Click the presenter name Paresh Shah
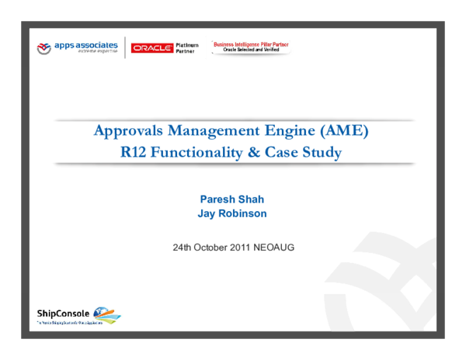(232, 199)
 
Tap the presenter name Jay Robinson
(232, 213)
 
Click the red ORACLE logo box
(152, 48)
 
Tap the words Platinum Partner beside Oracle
(187, 48)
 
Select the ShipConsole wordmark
(63, 313)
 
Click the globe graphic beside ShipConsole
(106, 315)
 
